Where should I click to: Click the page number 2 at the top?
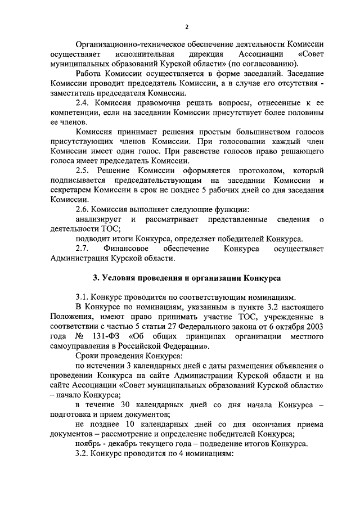click(187, 26)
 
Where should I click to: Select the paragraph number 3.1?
click(83, 297)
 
